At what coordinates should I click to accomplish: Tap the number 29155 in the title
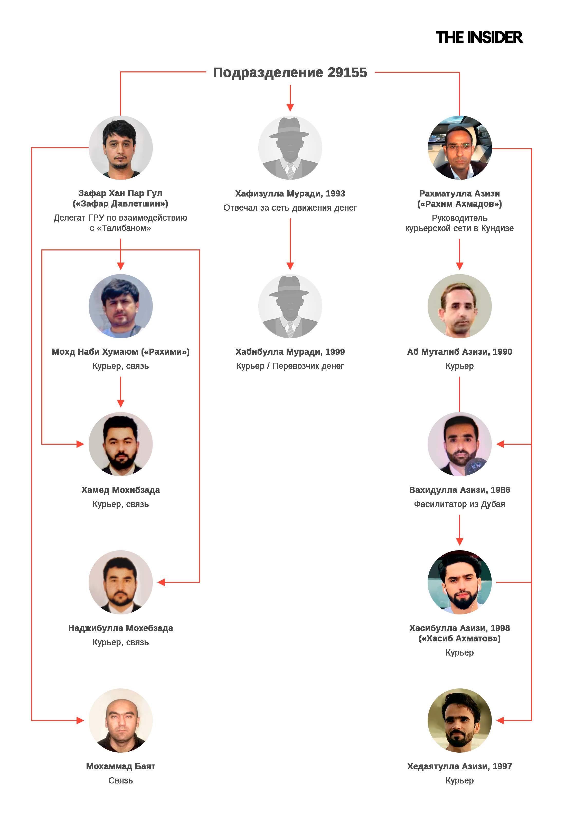click(x=347, y=73)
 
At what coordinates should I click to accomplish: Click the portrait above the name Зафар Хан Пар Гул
click(x=120, y=148)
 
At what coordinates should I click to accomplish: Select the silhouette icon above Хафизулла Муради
click(x=290, y=148)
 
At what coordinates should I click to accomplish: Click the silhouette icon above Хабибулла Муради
click(x=290, y=306)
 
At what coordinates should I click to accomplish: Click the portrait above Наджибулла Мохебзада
click(x=120, y=582)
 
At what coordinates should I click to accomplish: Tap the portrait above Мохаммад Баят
click(x=120, y=720)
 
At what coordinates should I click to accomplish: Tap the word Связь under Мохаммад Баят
click(x=120, y=781)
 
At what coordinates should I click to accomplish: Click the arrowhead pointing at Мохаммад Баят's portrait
click(x=80, y=720)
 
